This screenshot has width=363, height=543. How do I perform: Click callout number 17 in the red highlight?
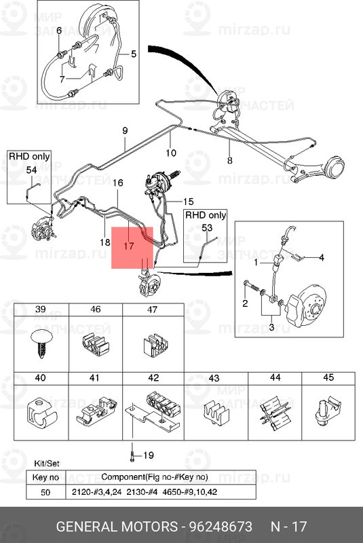[x=128, y=246]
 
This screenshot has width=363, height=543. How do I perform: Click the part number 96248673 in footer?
[x=221, y=527]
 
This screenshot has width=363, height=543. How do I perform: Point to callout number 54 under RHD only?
[x=31, y=170]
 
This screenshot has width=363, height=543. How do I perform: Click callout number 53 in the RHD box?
[x=206, y=228]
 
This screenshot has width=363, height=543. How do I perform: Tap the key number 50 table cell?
[x=45, y=492]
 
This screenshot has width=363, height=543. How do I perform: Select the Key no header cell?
[x=45, y=478]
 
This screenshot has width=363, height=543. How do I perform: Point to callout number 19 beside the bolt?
[x=149, y=455]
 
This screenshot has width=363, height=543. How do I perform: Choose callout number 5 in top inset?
[x=134, y=54]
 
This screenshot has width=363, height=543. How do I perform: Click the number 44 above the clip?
[x=275, y=377]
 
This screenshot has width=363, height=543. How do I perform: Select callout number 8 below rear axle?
[x=230, y=160]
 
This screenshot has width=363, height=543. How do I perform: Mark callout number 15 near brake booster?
[x=188, y=202]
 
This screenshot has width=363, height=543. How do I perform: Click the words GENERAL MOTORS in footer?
[x=117, y=527]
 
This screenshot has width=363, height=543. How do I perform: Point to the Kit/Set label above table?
[x=47, y=464]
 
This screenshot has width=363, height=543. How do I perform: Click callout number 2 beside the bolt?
[x=245, y=303]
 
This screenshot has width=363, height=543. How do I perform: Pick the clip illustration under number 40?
[x=41, y=414]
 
